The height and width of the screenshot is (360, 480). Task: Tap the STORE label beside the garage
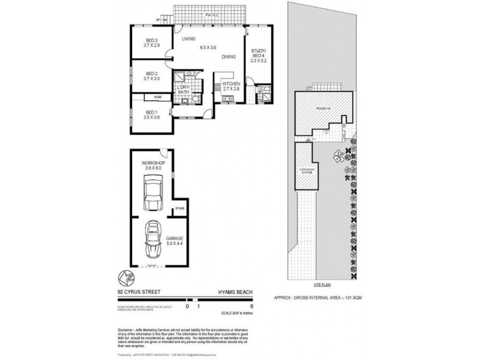click(179, 208)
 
